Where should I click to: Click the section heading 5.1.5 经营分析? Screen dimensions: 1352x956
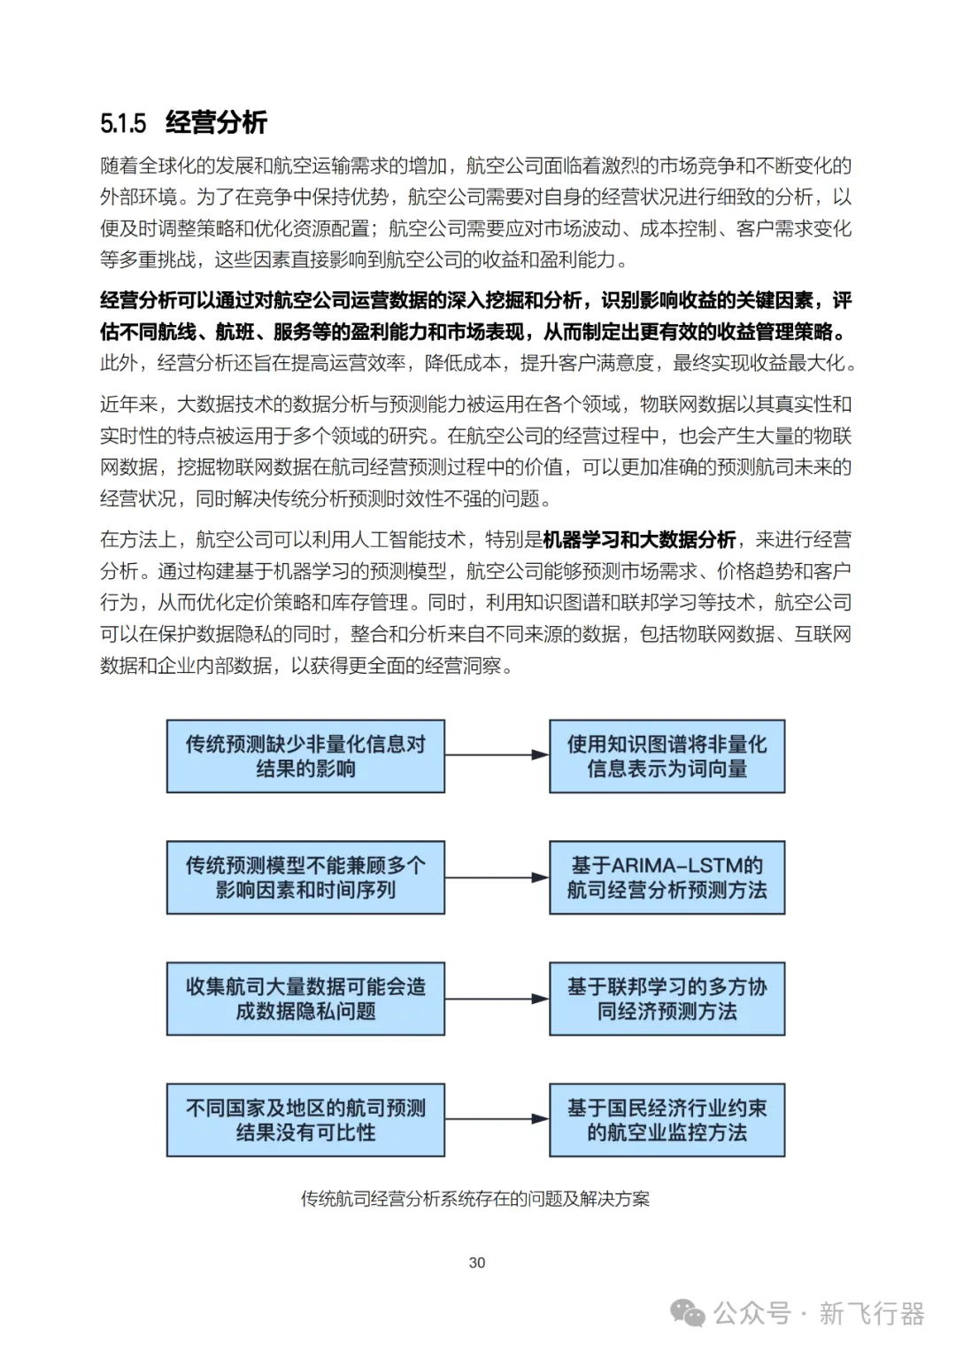coord(183,122)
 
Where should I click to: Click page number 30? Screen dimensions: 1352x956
coord(477,1263)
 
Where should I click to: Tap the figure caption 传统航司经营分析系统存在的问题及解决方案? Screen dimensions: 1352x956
coord(475,1199)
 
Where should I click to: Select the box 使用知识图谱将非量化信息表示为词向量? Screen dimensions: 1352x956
coord(667,756)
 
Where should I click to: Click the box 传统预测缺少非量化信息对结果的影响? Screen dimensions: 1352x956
coord(305,756)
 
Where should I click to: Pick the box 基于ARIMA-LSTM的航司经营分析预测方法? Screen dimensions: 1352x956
coord(667,877)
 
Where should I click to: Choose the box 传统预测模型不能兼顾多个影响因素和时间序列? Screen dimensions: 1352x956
coord(305,877)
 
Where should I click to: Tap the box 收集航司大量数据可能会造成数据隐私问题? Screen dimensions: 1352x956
coord(305,999)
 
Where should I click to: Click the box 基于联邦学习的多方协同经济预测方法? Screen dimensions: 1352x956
coord(667,999)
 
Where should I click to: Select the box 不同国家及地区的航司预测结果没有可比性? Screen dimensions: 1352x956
coord(305,1120)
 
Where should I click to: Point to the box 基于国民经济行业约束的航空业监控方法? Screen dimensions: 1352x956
coord(667,1120)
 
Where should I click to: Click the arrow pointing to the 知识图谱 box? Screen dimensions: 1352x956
coord(497,755)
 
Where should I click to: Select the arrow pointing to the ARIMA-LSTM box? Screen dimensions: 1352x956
coord(497,877)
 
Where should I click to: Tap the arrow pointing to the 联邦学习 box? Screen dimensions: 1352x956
coord(497,999)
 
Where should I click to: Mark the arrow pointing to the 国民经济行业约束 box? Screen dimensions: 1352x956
coord(497,1119)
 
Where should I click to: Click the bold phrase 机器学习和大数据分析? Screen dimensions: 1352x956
coord(639,539)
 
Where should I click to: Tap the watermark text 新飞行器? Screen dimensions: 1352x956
coord(871,1313)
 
